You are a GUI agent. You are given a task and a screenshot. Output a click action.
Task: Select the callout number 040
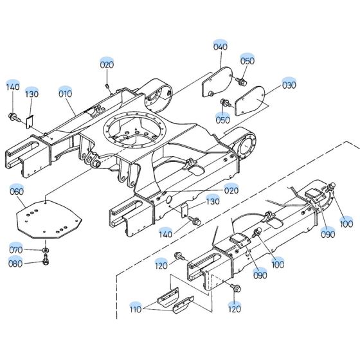220,47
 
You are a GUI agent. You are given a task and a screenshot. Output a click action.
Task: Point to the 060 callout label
17,190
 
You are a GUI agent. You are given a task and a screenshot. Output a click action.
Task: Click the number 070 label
15,249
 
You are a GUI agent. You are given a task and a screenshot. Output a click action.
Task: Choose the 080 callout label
15,262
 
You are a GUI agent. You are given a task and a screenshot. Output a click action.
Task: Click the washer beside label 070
46,249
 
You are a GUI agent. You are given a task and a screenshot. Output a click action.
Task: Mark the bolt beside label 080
46,261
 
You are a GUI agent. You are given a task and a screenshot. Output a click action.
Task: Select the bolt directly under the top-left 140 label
12,116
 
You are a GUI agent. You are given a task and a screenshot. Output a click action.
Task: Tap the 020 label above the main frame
107,64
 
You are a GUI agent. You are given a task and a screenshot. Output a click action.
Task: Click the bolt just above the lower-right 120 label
232,287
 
